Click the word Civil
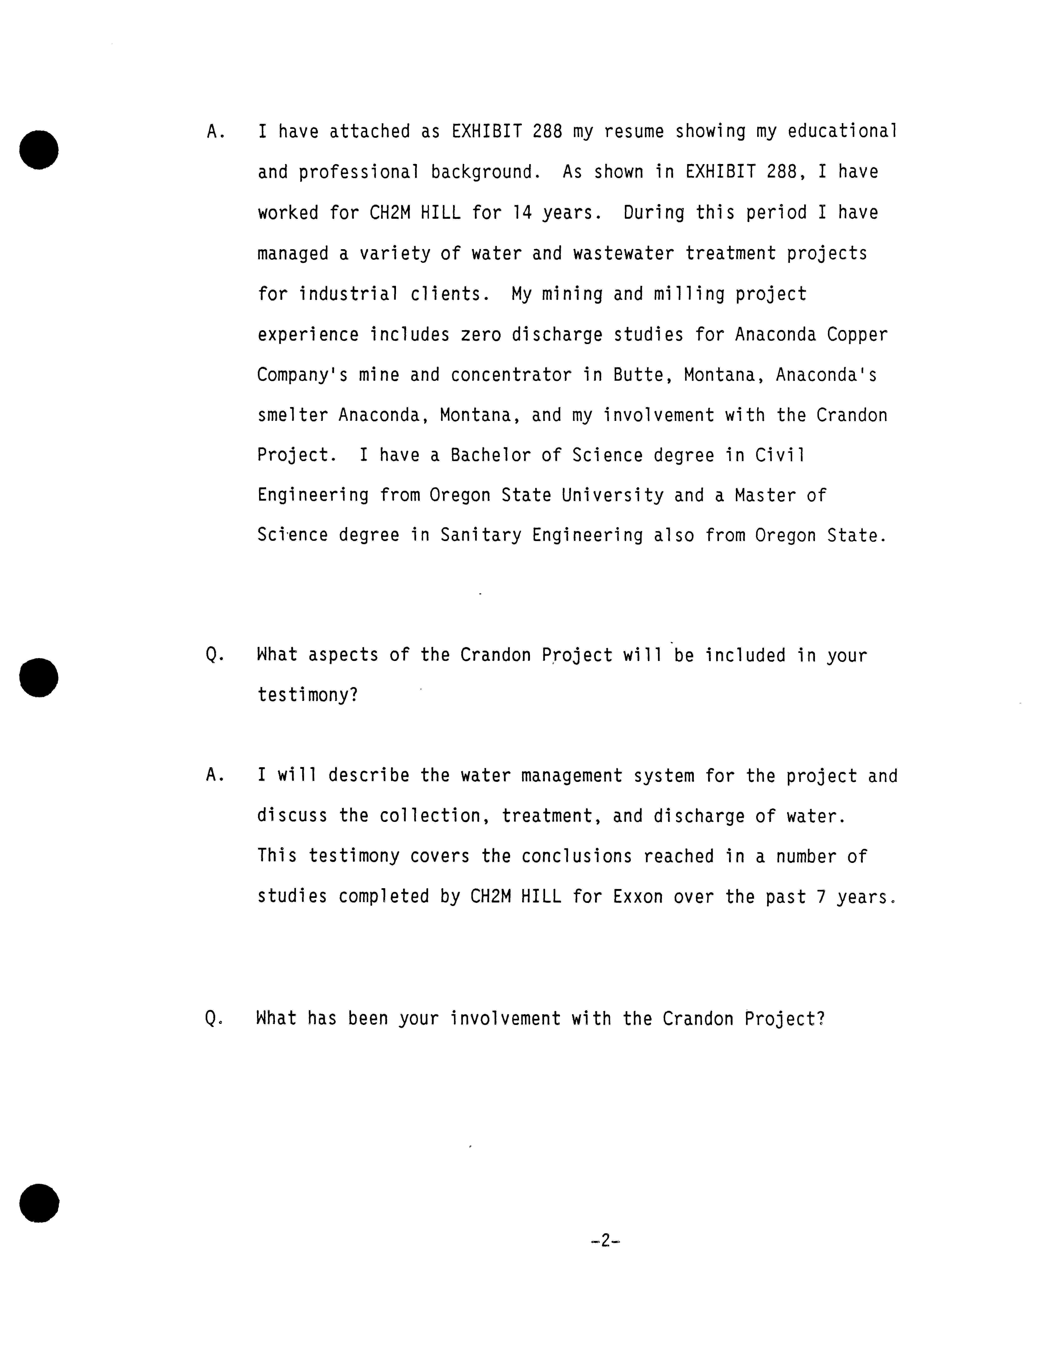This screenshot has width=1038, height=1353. pyautogui.click(x=780, y=455)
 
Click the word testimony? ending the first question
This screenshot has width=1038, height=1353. pyautogui.click(x=308, y=696)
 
